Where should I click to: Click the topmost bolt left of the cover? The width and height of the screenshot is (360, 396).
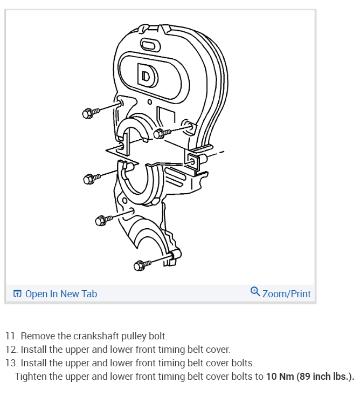[x=90, y=113]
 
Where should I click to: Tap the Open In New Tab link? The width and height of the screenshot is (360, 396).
[x=61, y=293]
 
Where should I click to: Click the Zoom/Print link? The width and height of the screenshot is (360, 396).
[x=286, y=293]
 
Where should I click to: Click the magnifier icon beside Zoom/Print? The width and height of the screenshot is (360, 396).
[x=255, y=292]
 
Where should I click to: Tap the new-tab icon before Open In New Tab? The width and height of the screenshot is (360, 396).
[x=17, y=294]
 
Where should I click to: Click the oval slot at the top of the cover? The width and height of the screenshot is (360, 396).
[x=149, y=44]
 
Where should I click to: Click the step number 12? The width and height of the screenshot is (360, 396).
[x=12, y=350]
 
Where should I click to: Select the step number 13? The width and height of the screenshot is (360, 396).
[x=12, y=363]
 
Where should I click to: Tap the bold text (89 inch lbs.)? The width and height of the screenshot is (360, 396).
[x=325, y=376]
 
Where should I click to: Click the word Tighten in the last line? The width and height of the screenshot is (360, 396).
[x=30, y=376]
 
